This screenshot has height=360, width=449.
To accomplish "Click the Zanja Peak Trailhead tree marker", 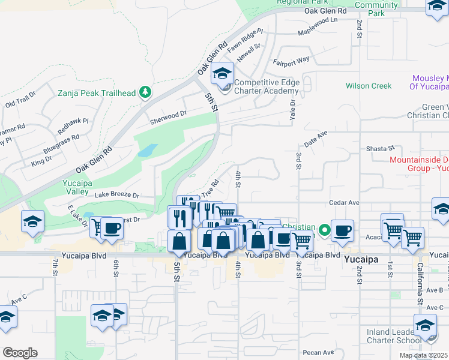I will coord(145,92).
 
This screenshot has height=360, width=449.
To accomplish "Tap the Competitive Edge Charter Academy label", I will coord(267,87).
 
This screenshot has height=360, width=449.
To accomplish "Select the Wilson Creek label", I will coord(368,86).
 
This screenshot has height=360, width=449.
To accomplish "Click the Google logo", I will coord(20,353).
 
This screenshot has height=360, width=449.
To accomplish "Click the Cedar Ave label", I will coord(343,203).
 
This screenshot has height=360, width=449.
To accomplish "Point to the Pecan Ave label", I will coord(319,352).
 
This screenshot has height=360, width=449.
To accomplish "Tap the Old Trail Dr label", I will coord(20,100).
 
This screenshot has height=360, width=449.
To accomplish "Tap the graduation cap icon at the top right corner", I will coord(438,6).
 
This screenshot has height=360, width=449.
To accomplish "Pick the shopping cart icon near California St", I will coord(413,236).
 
